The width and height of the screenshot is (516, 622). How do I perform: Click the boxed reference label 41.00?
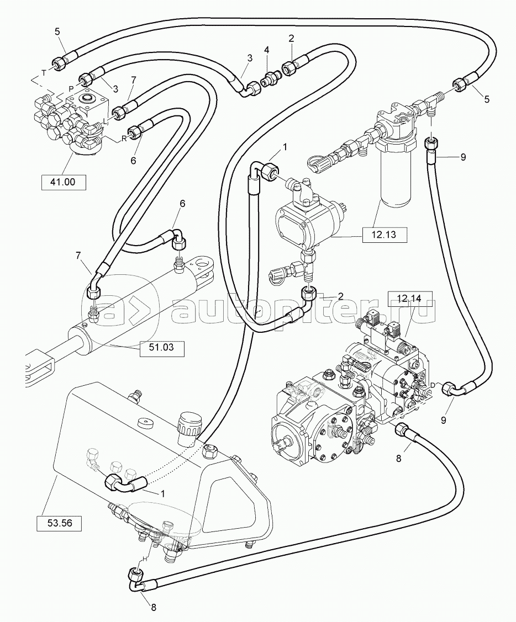(64, 182)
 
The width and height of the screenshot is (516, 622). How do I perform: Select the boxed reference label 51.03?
(161, 347)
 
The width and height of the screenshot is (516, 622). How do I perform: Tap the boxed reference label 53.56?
(59, 523)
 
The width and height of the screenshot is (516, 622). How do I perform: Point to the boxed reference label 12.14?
(409, 299)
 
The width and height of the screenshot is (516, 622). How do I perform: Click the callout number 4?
(267, 50)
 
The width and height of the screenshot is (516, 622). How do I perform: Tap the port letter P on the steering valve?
(71, 88)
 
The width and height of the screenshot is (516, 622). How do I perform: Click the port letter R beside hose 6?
(124, 139)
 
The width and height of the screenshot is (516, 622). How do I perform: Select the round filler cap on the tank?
(188, 426)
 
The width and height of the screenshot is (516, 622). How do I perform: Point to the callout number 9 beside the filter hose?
(463, 157)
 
